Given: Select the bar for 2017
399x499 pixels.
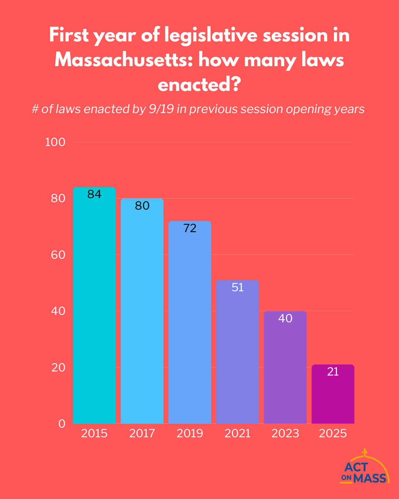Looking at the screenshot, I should coord(142,314).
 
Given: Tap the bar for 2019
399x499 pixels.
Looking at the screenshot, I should coord(190,325).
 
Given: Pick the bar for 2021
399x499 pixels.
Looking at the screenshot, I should coord(238,355).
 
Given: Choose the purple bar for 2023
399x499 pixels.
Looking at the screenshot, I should coord(285,370).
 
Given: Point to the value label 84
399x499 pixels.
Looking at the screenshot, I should coord(94,194).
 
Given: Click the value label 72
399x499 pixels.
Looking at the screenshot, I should coord(190,228).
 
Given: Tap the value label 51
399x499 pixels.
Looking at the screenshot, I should coord(238,287).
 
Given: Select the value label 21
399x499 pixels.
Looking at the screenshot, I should coord(333,371).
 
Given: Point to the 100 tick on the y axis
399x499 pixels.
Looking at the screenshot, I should coord(55,142).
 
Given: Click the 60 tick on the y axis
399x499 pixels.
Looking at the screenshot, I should coord(58,255).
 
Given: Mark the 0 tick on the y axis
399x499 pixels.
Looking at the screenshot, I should coord(62,424).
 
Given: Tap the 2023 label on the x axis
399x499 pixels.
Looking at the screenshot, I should coord(285,433).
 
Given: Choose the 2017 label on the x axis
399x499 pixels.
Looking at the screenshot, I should coord(142,433).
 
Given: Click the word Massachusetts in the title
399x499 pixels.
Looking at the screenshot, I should coord(123,60).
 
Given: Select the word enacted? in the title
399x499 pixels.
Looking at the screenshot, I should coord(199,85).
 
